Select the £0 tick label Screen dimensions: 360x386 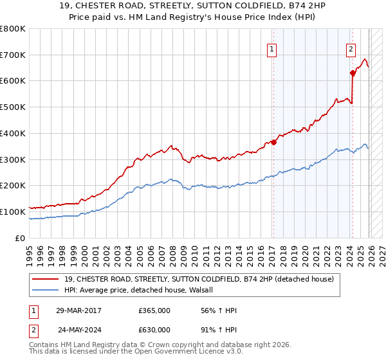coord(20,238)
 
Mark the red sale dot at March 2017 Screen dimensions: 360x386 coord(273,142)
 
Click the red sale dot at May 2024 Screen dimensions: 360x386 coord(353,73)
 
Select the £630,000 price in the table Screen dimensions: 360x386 coord(154,329)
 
